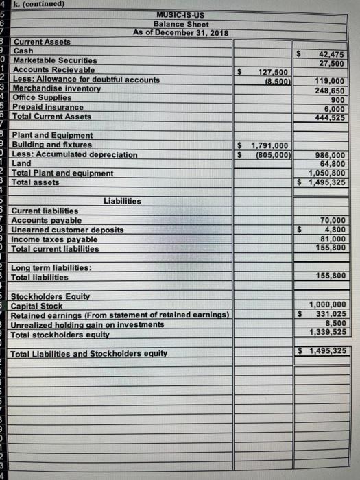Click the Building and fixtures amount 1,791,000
[272, 145]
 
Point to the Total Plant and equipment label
[63, 173]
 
